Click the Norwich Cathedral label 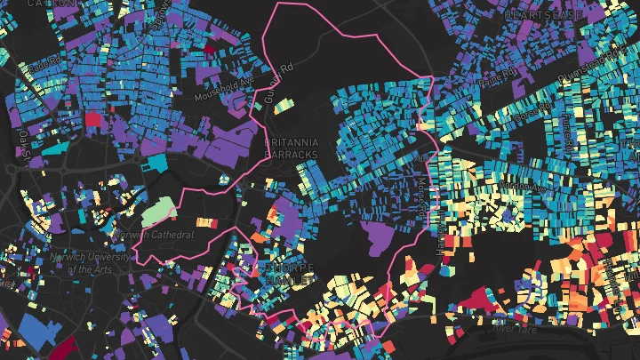(x=156, y=235)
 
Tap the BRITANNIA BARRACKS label (x=291, y=148)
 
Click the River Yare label (x=517, y=329)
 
